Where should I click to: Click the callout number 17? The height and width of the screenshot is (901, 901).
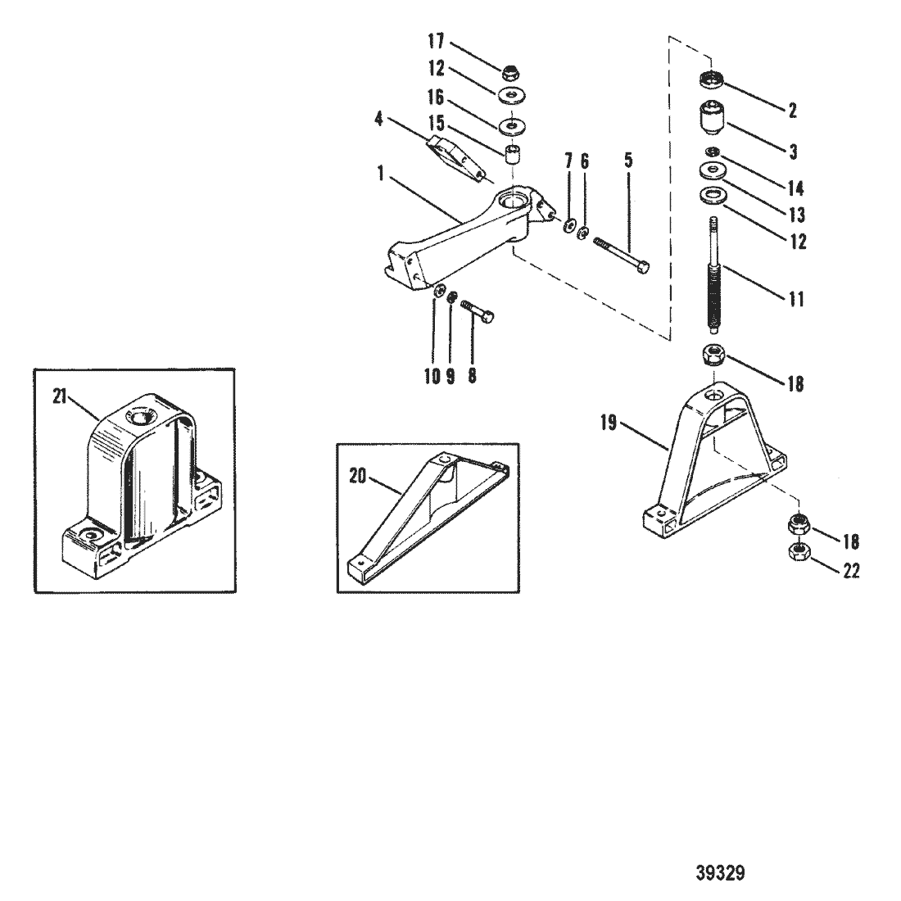click(436, 42)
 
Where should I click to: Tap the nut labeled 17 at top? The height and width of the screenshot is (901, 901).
click(509, 72)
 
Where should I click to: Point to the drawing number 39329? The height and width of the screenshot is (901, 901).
click(720, 873)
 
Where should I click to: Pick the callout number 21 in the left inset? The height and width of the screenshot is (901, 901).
click(61, 396)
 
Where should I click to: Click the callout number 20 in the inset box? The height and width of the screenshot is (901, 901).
click(357, 477)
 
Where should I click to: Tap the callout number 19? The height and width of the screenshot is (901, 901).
click(609, 423)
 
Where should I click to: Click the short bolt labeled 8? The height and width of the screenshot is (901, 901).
click(478, 310)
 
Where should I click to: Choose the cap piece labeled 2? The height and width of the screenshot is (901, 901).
click(712, 80)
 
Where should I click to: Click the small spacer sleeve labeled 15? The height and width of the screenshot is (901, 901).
click(513, 155)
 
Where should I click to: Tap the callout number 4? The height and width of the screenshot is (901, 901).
click(378, 120)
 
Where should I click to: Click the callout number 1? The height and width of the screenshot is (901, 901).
click(380, 173)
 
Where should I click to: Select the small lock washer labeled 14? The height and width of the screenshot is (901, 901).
click(711, 152)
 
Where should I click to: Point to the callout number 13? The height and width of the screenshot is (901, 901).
click(796, 215)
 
